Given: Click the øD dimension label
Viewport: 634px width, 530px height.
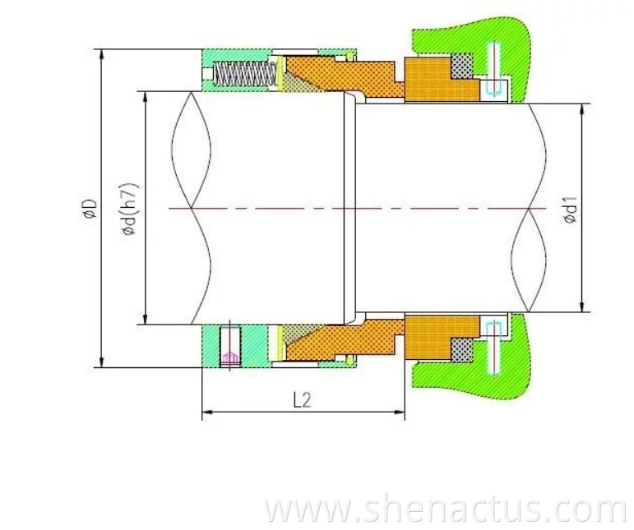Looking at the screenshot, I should pos(88,209).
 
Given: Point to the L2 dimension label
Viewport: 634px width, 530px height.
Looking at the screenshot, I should pos(302,400).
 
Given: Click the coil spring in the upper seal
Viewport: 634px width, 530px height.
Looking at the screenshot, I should pos(243,75).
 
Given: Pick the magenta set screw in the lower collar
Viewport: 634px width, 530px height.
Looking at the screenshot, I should pos(230,348).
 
